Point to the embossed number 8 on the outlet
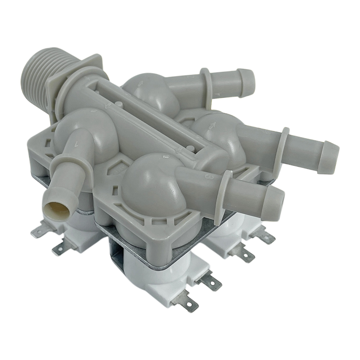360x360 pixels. [x=209, y=177]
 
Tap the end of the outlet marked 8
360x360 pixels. [x=274, y=204]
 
